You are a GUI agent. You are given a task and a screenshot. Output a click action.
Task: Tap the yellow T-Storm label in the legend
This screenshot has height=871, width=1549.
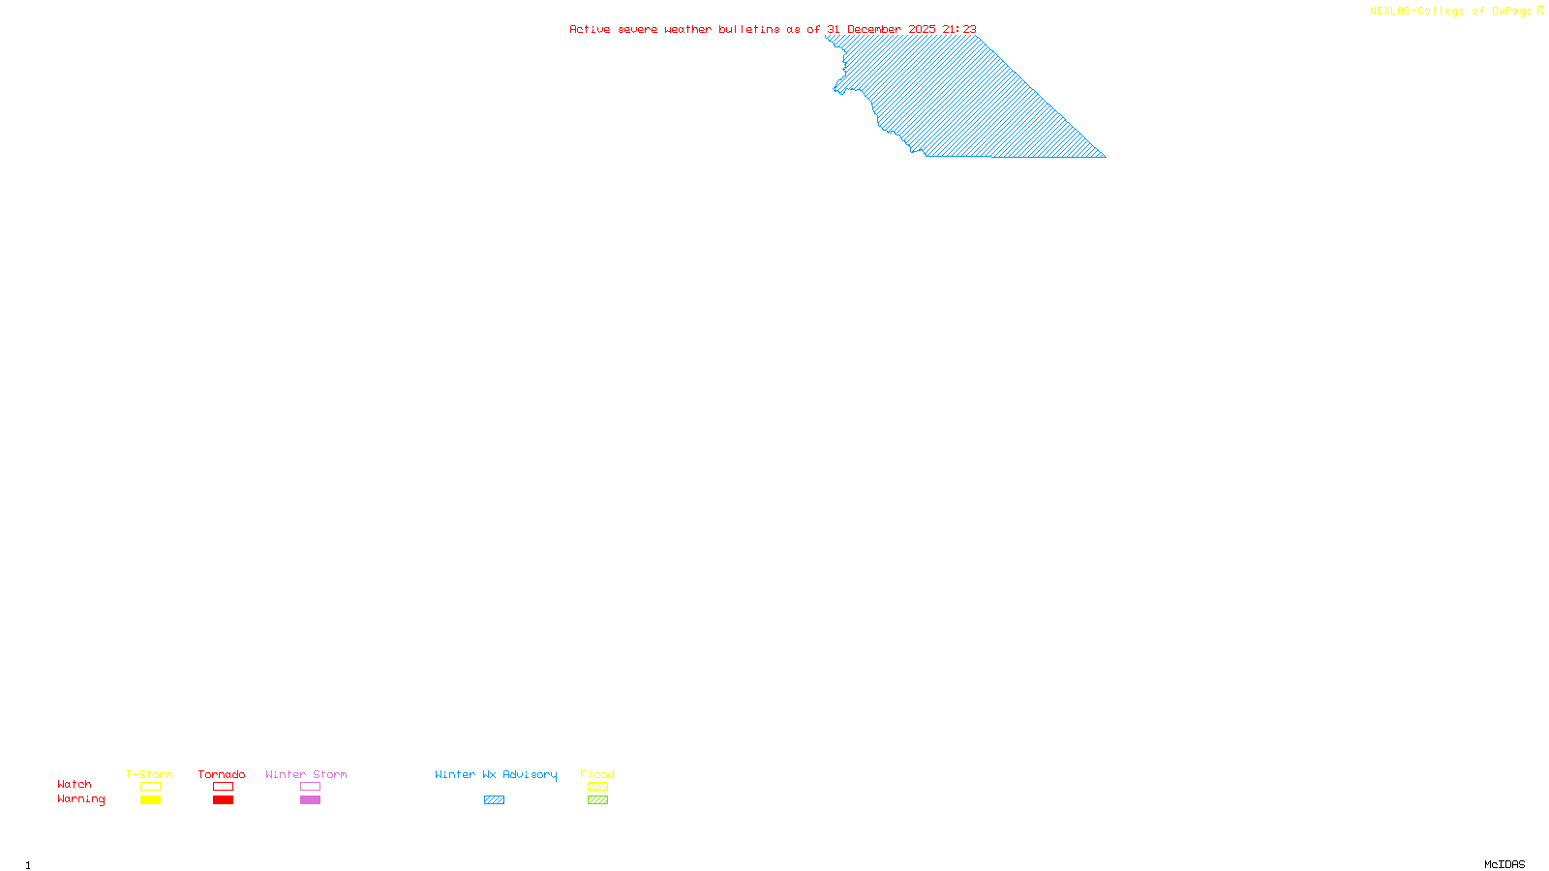click(149, 774)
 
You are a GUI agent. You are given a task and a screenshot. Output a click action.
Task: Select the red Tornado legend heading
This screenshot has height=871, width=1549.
click(222, 774)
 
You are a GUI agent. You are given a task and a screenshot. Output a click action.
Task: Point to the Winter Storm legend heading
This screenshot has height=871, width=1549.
click(306, 774)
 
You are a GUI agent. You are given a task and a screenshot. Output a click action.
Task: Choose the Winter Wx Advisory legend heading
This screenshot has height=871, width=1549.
click(496, 774)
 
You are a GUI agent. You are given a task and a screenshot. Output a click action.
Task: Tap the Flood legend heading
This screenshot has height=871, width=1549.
click(597, 774)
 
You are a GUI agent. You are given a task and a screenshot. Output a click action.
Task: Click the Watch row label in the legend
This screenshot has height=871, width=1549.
click(75, 784)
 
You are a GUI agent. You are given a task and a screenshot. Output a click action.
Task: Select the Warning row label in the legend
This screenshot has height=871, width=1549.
click(81, 799)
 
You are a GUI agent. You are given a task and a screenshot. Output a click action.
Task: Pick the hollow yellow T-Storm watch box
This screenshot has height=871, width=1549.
click(150, 787)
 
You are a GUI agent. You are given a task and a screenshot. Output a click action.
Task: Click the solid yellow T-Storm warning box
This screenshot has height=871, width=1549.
click(150, 800)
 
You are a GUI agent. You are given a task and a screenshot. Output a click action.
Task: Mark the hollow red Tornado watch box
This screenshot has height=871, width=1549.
click(223, 787)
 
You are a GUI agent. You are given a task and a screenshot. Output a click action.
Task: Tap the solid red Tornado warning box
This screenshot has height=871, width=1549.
click(223, 800)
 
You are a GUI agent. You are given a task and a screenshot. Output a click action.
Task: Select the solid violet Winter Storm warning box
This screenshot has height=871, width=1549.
click(310, 800)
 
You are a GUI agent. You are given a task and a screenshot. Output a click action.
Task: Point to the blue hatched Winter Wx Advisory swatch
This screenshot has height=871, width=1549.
click(494, 800)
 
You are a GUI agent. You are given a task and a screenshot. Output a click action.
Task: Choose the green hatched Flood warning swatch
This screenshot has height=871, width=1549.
click(597, 800)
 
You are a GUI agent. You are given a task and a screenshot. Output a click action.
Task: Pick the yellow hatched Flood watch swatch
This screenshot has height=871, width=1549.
click(597, 787)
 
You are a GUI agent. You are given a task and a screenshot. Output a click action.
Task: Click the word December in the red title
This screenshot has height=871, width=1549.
click(874, 29)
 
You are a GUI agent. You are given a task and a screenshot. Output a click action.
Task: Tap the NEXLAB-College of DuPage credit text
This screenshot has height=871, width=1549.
click(1451, 11)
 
